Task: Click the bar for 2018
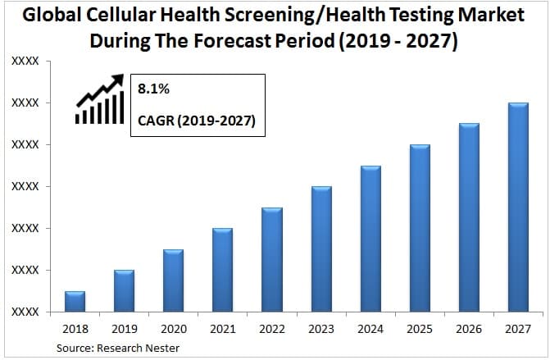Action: (x=75, y=302)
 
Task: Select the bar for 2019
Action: (x=124, y=291)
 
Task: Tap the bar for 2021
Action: (x=222, y=271)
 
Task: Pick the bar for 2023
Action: (x=320, y=249)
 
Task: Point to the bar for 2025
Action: (x=420, y=229)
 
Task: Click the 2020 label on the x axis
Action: (x=173, y=329)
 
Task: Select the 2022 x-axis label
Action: (x=271, y=329)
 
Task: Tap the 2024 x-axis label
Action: (x=370, y=329)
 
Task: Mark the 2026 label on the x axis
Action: (x=469, y=329)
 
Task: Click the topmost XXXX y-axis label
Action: (x=25, y=62)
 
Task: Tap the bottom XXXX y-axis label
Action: (x=25, y=312)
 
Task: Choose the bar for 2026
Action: (x=469, y=218)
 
